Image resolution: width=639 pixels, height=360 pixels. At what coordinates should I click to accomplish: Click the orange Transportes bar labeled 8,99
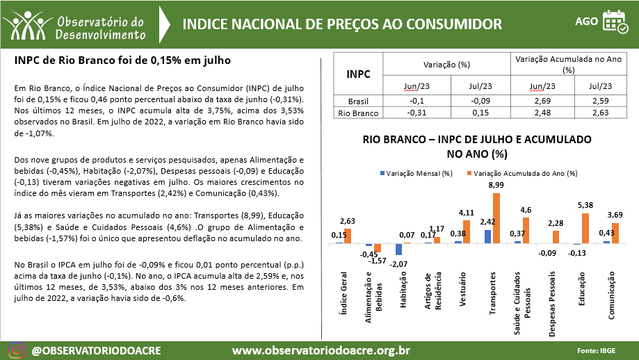click(496, 218)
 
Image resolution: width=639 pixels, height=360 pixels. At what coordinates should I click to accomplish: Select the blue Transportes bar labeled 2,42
click(488, 236)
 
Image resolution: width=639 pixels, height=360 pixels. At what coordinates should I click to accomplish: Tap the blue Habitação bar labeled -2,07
click(398, 249)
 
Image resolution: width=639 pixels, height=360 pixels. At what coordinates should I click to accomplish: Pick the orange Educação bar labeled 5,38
click(586, 228)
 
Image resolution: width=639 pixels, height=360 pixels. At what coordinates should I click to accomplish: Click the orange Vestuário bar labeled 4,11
click(467, 231)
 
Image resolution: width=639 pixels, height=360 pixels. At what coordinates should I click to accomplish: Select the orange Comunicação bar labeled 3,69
click(615, 233)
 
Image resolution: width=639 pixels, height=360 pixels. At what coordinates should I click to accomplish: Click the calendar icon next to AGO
click(614, 22)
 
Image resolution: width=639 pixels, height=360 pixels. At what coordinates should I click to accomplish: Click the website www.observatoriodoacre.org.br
click(321, 350)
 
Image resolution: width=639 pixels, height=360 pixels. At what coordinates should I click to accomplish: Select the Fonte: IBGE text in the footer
click(600, 350)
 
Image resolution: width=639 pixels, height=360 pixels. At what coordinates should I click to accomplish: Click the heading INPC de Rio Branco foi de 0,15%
click(122, 61)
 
